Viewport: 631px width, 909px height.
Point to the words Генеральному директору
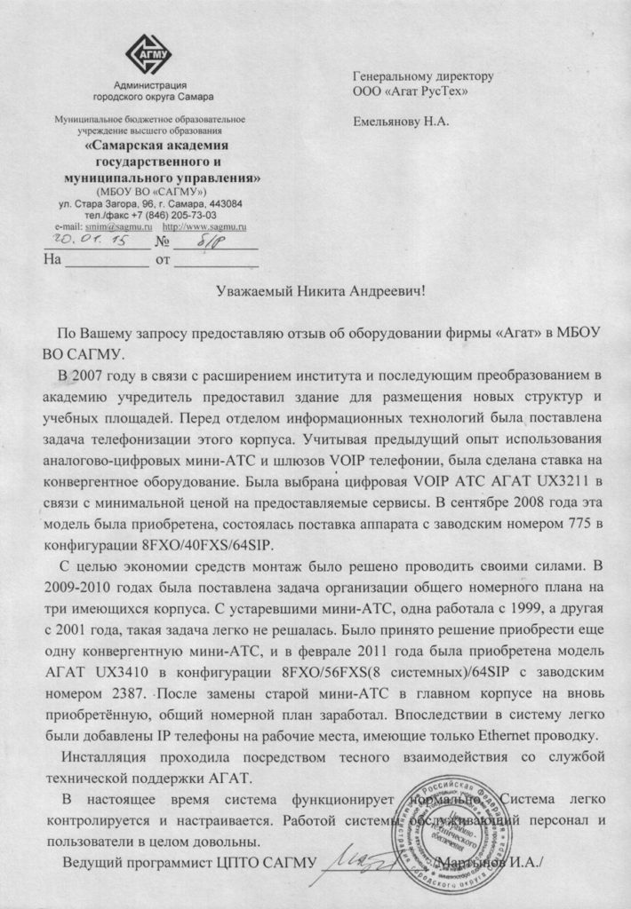(x=422, y=76)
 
